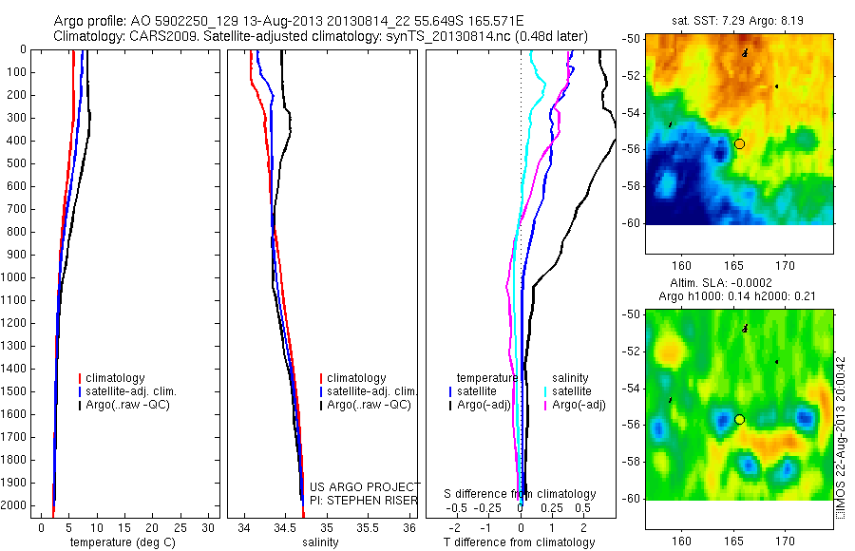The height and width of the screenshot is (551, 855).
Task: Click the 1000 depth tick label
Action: click(x=17, y=277)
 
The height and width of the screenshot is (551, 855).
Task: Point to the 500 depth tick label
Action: click(x=20, y=163)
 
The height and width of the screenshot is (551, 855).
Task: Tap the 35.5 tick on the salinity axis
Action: click(x=368, y=526)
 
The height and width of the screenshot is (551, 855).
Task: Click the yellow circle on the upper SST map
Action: click(x=739, y=143)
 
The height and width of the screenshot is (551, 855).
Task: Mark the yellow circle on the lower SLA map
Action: click(x=739, y=419)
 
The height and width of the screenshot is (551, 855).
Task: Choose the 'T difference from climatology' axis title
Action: click(x=520, y=542)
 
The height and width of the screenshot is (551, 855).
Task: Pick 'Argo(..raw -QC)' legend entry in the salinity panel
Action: click(x=369, y=405)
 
